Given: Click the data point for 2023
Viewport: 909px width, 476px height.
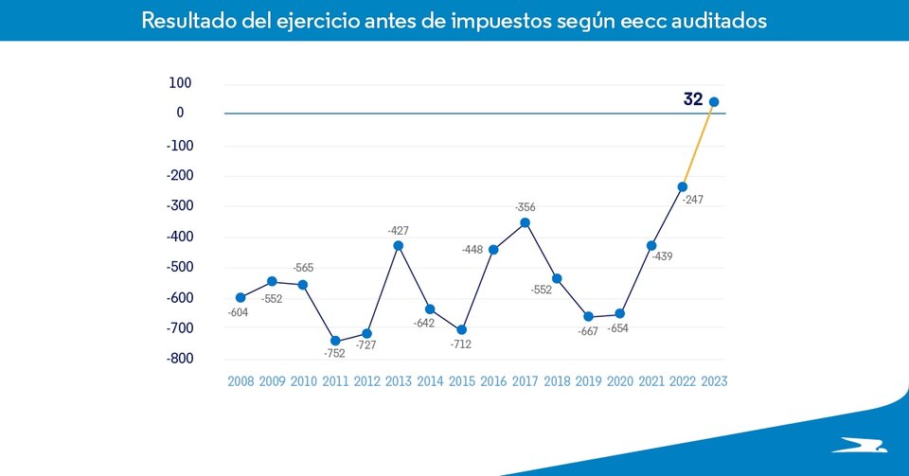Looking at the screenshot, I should click(x=714, y=102).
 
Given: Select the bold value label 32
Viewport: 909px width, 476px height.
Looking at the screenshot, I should click(x=693, y=98).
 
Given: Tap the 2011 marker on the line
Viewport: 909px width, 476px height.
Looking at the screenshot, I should click(x=335, y=341).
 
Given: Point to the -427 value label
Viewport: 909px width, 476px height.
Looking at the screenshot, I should click(x=398, y=230).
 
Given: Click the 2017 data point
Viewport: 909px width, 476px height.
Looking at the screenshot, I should click(x=525, y=223).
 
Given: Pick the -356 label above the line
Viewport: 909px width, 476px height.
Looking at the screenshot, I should click(x=525, y=206).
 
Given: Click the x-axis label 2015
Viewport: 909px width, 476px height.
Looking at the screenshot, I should click(x=461, y=381).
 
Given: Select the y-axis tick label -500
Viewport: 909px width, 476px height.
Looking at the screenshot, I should click(x=179, y=267).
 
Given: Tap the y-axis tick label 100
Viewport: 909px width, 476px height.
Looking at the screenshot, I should click(x=181, y=83).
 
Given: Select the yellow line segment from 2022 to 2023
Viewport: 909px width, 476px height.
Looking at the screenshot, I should click(x=698, y=145).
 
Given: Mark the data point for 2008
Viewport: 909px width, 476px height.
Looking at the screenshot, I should click(x=241, y=297).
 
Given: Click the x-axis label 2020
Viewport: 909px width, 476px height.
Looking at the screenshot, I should click(x=619, y=381).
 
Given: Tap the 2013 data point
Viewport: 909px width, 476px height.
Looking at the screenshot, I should click(x=398, y=246).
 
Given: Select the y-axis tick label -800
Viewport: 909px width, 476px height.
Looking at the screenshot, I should click(x=179, y=359).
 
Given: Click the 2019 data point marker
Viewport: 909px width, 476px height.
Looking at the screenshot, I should click(x=588, y=316).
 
